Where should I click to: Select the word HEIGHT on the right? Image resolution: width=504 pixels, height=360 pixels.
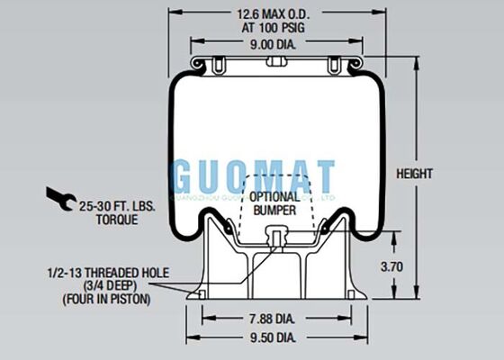pos(440,173)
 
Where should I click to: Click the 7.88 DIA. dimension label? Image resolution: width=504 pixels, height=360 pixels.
pos(271,318)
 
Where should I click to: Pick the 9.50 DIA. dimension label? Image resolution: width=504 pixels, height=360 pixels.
pos(271,337)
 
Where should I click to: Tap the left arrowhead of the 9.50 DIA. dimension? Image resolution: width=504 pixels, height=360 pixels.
pos(190,337)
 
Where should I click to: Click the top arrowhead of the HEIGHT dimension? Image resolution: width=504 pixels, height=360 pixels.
pos(417,65)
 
